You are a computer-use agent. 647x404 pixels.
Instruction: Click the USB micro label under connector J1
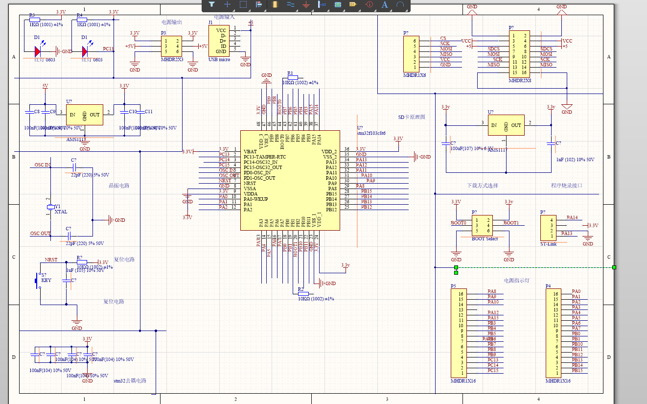click(219, 60)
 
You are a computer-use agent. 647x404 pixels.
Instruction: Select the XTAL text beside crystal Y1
click(61, 212)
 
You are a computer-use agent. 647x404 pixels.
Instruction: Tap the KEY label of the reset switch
click(46, 281)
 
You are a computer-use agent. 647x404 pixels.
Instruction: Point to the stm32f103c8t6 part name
click(371, 133)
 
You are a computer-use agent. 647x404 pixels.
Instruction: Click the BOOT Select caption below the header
click(485, 238)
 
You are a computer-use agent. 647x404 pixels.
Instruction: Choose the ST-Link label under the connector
click(548, 243)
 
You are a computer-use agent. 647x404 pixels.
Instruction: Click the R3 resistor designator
click(32, 15)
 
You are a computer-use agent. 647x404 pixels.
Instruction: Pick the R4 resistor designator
click(80, 15)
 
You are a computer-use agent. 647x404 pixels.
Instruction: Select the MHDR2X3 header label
click(172, 59)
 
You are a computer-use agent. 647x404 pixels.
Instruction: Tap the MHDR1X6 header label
click(414, 76)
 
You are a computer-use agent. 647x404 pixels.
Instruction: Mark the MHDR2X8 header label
click(520, 80)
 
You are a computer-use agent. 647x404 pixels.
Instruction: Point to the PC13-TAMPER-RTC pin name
click(264, 157)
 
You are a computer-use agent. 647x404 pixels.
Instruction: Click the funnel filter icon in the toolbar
click(212, 4)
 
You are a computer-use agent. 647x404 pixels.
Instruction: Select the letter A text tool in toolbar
click(385, 4)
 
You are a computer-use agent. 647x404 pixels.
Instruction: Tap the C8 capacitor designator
click(37, 112)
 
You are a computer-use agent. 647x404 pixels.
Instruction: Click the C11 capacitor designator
click(148, 112)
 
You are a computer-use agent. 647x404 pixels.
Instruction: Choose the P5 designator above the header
click(453, 285)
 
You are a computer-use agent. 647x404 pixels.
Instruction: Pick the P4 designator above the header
click(548, 285)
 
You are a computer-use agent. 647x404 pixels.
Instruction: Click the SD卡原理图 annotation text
click(412, 118)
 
